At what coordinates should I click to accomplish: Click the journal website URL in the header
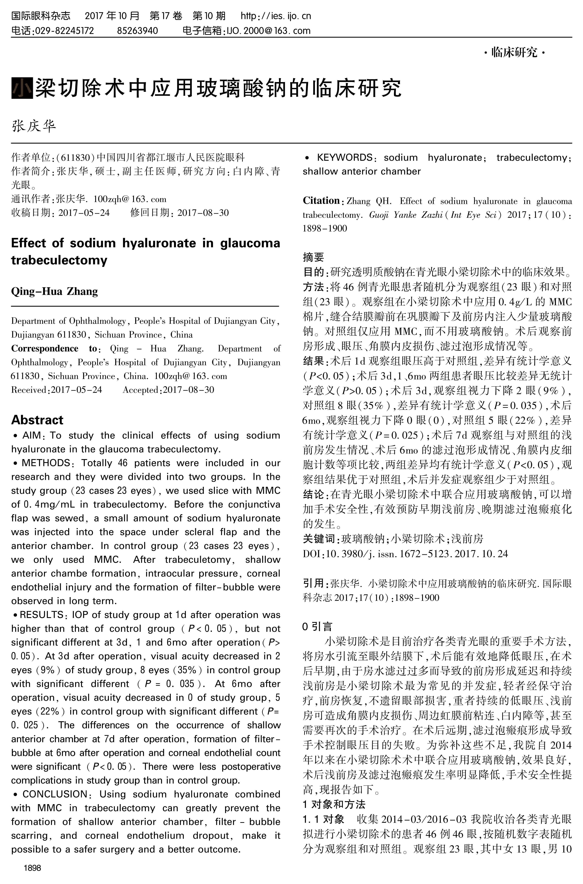click(275, 16)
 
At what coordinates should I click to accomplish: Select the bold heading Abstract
click(37, 420)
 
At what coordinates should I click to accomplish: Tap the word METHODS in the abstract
click(46, 463)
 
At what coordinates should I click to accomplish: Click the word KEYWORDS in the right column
click(344, 158)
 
